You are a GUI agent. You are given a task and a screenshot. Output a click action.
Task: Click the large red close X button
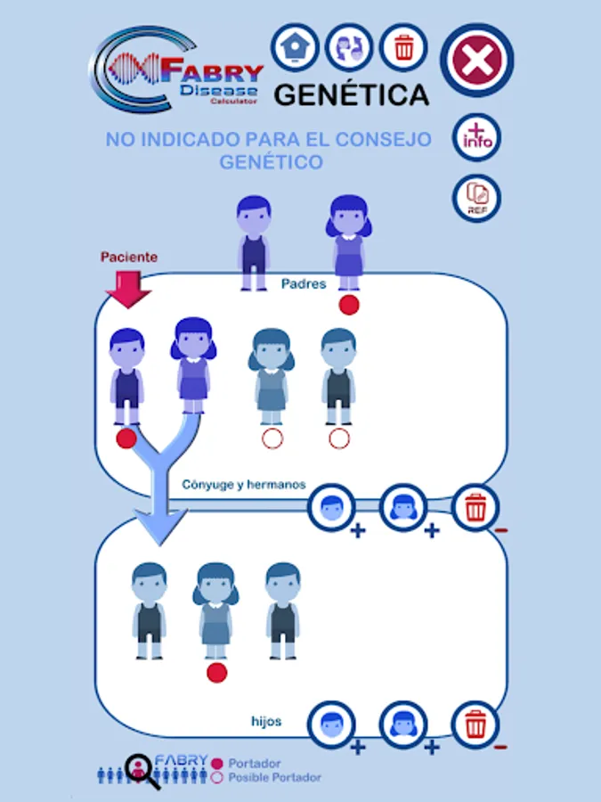[x=476, y=61]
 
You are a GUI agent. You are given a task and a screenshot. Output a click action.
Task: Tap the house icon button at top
[x=296, y=47]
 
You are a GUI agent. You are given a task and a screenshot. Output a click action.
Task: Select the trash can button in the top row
[x=404, y=47]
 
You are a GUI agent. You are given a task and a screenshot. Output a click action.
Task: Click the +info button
[x=477, y=138]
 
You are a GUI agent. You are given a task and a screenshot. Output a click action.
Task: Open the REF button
[x=477, y=198]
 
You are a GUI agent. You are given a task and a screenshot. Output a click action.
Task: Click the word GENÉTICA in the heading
[x=351, y=94]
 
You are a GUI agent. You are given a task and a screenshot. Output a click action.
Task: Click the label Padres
[x=304, y=284]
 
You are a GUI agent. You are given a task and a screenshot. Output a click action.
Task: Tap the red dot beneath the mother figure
[x=349, y=305]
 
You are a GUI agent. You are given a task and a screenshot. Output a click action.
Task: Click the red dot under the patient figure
[x=126, y=438]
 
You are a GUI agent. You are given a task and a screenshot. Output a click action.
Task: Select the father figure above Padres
[x=254, y=241]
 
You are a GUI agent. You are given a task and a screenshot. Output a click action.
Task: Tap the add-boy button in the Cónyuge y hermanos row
[x=331, y=508]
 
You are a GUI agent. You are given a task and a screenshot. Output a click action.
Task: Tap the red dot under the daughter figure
[x=216, y=673]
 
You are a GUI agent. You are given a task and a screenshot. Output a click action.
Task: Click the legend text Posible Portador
[x=274, y=778]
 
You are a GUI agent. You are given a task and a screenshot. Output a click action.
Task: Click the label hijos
[x=266, y=721]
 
